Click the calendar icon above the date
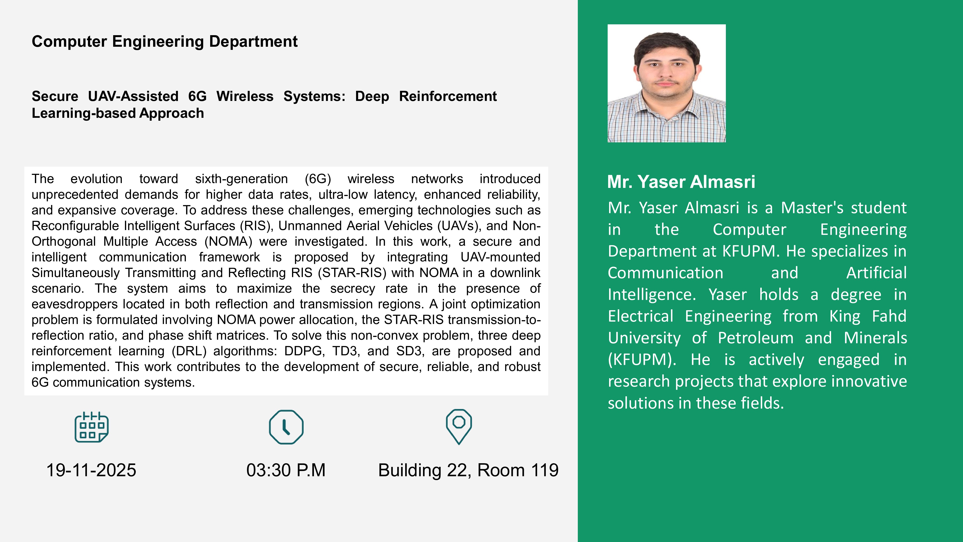tap(91, 427)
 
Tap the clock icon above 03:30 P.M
tap(286, 427)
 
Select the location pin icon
tap(459, 426)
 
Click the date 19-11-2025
tap(91, 470)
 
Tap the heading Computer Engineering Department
tap(164, 41)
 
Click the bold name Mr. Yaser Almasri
tap(681, 182)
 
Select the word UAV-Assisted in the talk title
tap(133, 96)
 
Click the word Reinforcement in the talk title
tap(448, 96)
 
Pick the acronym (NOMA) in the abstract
tap(228, 242)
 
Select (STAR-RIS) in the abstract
tap(352, 273)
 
